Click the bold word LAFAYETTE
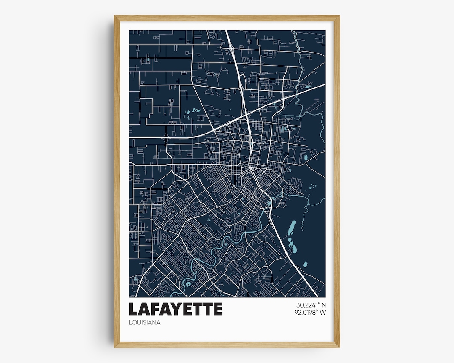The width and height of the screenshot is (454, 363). (x=175, y=309)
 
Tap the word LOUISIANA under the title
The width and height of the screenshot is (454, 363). (x=145, y=323)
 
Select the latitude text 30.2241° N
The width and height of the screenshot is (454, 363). (x=311, y=305)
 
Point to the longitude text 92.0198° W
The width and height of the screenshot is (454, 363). (x=311, y=312)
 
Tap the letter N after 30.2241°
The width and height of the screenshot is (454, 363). (x=324, y=305)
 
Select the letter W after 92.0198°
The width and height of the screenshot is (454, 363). (x=323, y=312)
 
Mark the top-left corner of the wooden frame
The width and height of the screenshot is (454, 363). (x=114, y=16)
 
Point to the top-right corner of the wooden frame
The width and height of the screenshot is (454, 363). (x=339, y=16)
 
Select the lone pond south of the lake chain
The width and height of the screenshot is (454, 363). (x=305, y=264)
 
